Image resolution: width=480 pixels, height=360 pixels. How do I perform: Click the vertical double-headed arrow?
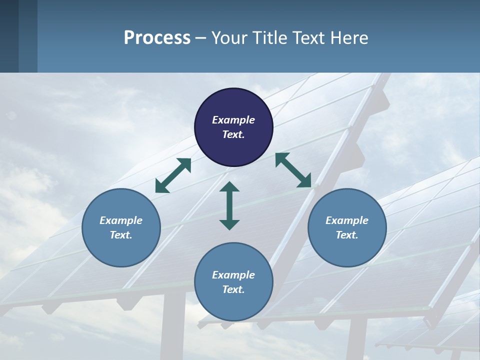point(229,205)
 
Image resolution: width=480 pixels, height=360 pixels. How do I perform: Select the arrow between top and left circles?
point(173,175)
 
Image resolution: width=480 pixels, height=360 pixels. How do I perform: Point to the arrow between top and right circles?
point(293,170)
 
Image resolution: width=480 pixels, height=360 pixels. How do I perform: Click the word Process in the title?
point(157,37)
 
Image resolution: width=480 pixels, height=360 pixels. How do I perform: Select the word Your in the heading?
point(230,37)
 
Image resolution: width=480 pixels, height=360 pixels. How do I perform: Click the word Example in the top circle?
point(233,120)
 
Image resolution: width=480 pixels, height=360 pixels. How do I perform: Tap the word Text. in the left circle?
point(121,235)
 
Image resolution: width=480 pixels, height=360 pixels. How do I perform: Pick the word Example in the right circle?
point(347,220)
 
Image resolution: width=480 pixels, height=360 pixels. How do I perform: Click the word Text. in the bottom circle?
point(233,289)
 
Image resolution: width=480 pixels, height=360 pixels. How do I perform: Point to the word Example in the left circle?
point(121,220)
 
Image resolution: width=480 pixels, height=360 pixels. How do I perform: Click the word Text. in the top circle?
point(233,134)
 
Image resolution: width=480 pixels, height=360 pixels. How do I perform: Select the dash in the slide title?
point(201,38)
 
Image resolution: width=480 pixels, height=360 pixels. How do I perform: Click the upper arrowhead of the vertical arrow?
point(229,187)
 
